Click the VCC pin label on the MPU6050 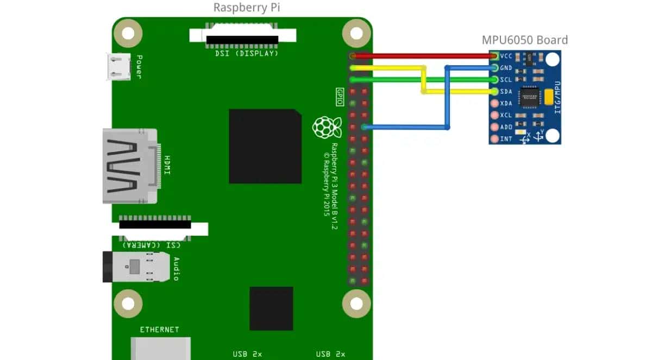click(506, 56)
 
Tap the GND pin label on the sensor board click(506, 68)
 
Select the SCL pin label click(506, 80)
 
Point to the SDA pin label click(506, 92)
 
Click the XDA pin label click(506, 103)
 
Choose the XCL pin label click(506, 115)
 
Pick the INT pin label click(506, 139)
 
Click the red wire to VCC click(424, 56)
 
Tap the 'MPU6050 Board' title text click(524, 40)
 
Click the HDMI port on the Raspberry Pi click(130, 166)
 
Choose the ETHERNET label click(159, 330)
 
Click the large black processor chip click(265, 146)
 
